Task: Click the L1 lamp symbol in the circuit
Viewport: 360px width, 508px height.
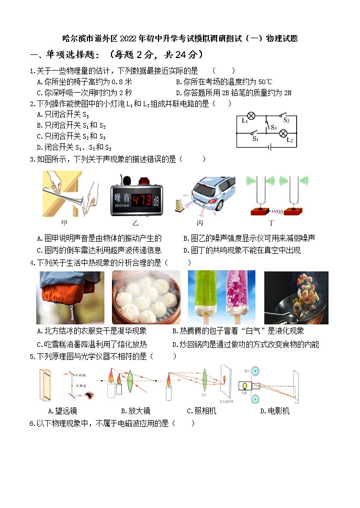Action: pos(251,116)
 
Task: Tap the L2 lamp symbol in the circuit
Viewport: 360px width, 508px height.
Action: pos(284,133)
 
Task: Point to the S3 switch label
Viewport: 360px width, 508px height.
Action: pos(273,127)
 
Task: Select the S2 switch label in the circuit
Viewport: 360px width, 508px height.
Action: pos(287,120)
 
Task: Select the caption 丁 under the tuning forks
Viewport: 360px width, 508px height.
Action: pos(271,222)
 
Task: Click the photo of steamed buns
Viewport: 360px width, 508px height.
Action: pos(146,297)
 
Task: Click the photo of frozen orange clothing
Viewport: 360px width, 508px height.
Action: pos(70,297)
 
